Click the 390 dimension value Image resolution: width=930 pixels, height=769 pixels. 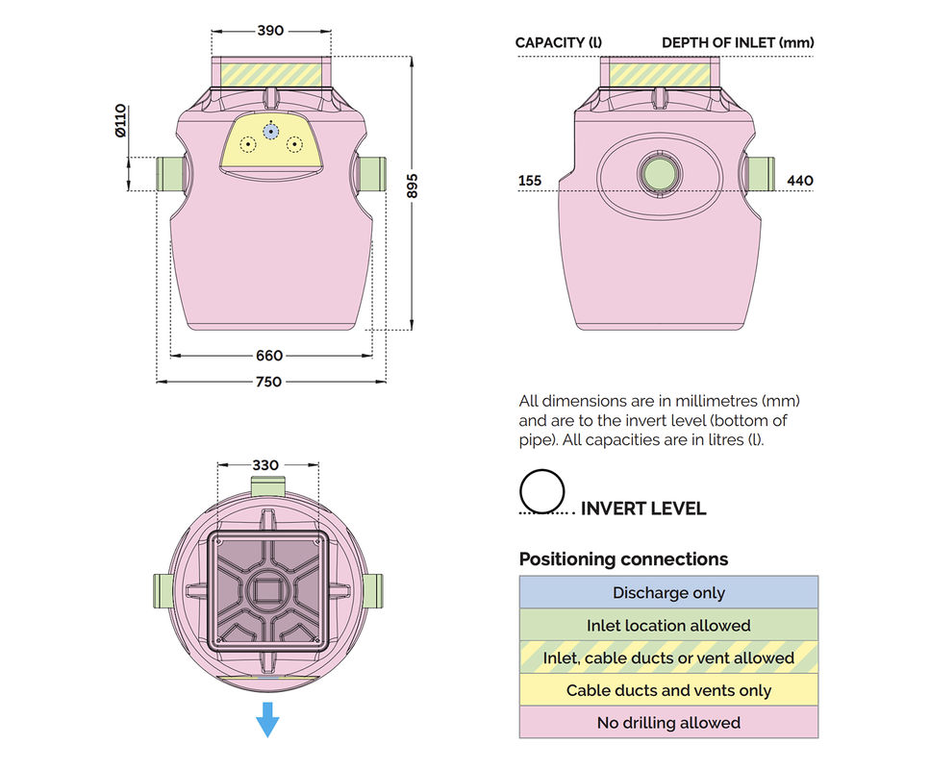point(270,30)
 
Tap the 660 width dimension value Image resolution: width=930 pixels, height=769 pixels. point(270,356)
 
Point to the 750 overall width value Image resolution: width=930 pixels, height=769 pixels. point(270,382)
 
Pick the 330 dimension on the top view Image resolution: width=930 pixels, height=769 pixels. point(265,465)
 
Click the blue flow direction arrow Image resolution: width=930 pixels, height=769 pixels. point(267,719)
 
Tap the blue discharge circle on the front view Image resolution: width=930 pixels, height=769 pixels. point(271,131)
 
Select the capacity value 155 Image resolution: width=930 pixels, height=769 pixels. point(530,180)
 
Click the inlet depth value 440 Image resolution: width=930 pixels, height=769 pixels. point(800,180)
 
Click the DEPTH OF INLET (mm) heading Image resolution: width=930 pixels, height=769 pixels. point(738,43)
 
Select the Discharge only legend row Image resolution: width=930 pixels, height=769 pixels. point(668,592)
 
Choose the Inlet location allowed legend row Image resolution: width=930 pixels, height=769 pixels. point(668,625)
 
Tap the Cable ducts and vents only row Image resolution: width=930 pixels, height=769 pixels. point(668,690)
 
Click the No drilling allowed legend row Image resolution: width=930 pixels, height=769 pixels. point(668,723)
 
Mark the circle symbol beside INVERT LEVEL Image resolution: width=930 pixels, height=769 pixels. point(541,491)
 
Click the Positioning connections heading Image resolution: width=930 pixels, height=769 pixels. point(623,559)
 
